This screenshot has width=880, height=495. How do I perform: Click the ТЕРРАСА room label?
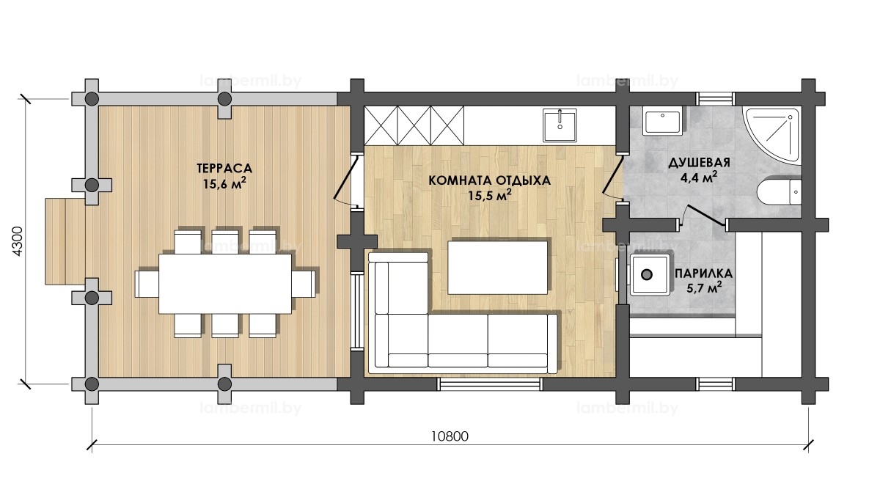pyautogui.click(x=224, y=168)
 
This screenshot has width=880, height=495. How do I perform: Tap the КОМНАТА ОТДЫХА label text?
pyautogui.click(x=490, y=180)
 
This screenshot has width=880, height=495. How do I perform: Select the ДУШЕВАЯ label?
pyautogui.click(x=700, y=162)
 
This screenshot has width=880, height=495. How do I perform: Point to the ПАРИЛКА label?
pyautogui.click(x=703, y=274)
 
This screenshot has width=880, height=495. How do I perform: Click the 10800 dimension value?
pyautogui.click(x=450, y=436)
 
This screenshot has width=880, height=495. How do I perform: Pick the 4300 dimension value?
pyautogui.click(x=18, y=241)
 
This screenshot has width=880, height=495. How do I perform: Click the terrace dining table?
pyautogui.click(x=225, y=284)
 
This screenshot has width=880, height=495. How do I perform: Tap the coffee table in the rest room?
pyautogui.click(x=498, y=267)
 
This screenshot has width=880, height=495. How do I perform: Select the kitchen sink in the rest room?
pyautogui.click(x=560, y=125)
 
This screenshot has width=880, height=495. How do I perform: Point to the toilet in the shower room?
pyautogui.click(x=779, y=192)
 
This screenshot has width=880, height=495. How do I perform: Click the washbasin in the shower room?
pyautogui.click(x=663, y=123)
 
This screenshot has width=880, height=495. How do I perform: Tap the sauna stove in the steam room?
pyautogui.click(x=650, y=274)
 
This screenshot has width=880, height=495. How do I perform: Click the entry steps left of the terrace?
pyautogui.click(x=65, y=241)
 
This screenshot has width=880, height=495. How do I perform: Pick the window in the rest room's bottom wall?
pyautogui.click(x=490, y=384)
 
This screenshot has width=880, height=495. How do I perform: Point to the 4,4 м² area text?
pyautogui.click(x=699, y=177)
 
